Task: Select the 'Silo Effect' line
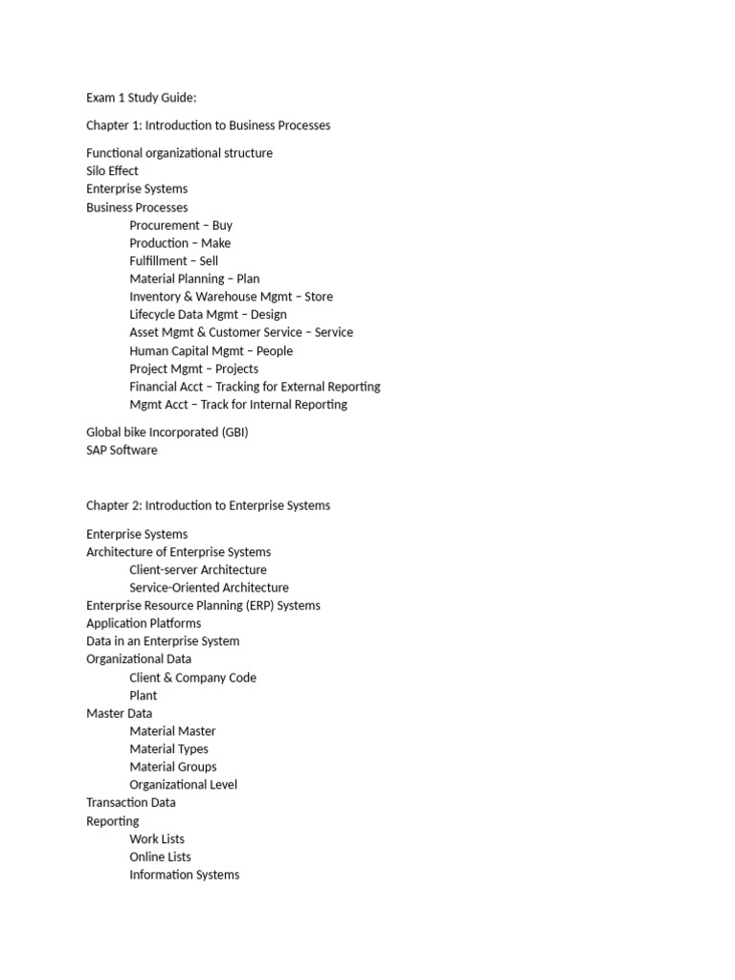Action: (112, 171)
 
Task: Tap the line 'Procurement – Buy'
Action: (181, 226)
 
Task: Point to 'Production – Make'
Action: (180, 243)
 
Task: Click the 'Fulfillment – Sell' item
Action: (173, 261)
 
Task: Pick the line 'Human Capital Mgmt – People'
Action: (211, 351)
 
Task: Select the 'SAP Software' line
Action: (122, 450)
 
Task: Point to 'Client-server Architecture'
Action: (198, 570)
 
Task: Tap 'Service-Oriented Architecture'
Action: (209, 588)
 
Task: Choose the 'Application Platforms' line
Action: (144, 624)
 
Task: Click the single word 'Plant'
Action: (144, 696)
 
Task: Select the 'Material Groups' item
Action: (173, 767)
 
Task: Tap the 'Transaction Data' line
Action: (130, 803)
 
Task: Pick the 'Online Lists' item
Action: (160, 857)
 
